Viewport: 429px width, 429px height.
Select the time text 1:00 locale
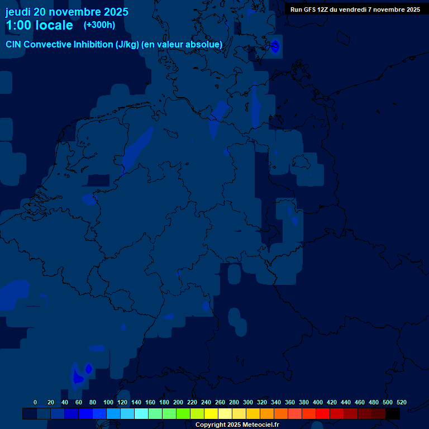pos(39,25)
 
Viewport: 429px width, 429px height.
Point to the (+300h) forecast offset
pos(99,25)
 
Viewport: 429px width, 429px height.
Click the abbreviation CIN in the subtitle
pos(13,44)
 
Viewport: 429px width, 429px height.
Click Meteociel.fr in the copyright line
pos(260,425)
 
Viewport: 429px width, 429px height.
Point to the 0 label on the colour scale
pos(35,402)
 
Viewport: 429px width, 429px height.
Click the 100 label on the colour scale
pos(108,402)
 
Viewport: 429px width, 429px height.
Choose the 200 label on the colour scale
pos(178,402)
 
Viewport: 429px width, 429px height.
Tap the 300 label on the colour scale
pos(248,402)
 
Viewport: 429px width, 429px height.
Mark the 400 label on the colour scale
pos(318,402)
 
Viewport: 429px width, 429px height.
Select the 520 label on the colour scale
pos(402,402)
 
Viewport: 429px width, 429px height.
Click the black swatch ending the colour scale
pos(393,414)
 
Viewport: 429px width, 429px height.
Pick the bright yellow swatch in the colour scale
pos(211,414)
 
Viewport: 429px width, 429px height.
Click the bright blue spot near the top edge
pos(275,46)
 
